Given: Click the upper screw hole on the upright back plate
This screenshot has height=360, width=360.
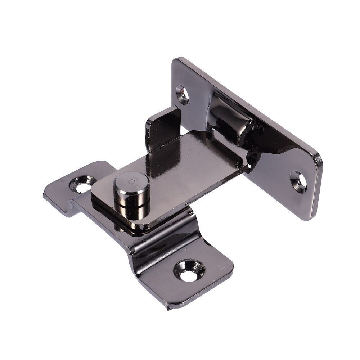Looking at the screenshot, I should pyautogui.click(x=183, y=94).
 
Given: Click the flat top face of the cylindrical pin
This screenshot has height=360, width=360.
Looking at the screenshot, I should pyautogui.click(x=131, y=183).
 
